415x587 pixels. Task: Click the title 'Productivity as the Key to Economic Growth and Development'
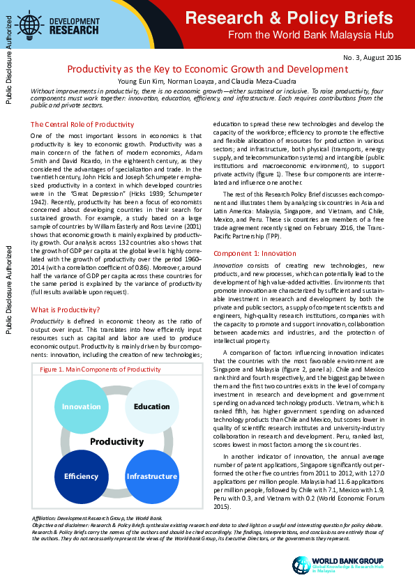click(207, 69)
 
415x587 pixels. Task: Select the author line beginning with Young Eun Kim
click(207, 82)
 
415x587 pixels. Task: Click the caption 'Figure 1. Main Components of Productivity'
click(105, 369)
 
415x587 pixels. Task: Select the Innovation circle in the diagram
click(82, 406)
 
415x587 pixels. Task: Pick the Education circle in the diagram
click(151, 406)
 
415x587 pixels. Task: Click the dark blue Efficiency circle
click(82, 476)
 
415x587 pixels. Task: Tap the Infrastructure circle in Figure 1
click(151, 476)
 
